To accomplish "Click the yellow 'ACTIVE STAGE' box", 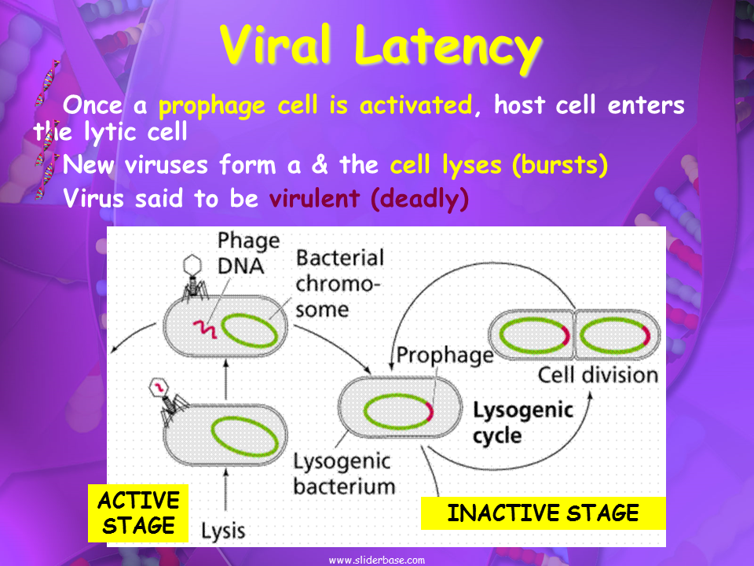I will (x=138, y=513).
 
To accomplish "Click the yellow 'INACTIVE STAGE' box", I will (x=543, y=514).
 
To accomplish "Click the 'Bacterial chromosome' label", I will (x=339, y=283).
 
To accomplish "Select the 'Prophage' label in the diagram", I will (x=445, y=355).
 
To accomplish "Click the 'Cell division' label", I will (x=598, y=373).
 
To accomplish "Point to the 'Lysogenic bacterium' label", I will (x=344, y=472).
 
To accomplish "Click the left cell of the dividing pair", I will (x=531, y=336).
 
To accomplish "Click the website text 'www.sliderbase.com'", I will (x=376, y=560).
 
